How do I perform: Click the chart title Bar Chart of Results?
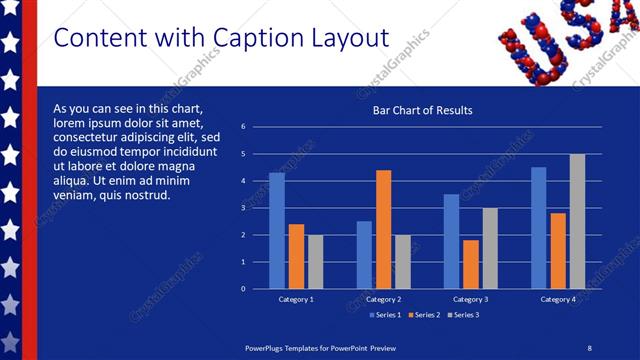coord(422,110)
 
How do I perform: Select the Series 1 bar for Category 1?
coord(277,231)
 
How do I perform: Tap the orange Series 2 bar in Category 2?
coord(383,229)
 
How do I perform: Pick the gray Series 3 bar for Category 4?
coord(577,221)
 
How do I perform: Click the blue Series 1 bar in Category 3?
coord(451,241)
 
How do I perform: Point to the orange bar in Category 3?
coord(471,264)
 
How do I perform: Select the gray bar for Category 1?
coord(316,262)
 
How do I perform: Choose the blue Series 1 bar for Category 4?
coord(539,228)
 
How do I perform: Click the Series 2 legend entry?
coord(424,315)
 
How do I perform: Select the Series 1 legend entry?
coord(385,315)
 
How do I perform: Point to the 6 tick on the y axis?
coord(243,127)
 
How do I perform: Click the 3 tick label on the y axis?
coord(243,208)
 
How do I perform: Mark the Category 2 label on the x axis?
coord(384,299)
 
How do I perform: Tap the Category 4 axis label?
coord(558,299)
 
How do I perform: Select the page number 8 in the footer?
coord(589,347)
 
